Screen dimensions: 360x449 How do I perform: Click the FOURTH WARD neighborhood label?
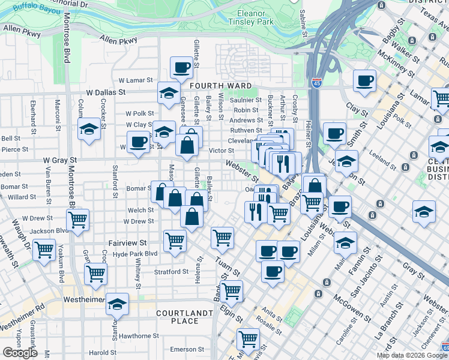tap(221, 86)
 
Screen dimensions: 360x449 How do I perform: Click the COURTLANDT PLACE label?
tap(184, 317)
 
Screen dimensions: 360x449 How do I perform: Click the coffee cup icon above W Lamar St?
tap(181, 68)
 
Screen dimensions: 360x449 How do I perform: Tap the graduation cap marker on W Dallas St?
tap(169, 93)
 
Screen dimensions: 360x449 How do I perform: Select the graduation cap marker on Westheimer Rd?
tap(117, 304)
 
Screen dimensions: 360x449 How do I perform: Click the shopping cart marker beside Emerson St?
tap(248, 339)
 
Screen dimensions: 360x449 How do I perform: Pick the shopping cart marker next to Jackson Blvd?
tap(77, 220)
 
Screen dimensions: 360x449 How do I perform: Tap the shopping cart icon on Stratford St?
tap(96, 274)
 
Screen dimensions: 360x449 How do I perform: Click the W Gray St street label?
tap(59, 161)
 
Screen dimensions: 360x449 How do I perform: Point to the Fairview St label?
tap(127, 243)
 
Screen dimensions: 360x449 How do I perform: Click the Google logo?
tap(20, 353)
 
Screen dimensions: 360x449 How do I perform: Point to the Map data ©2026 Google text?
tap(411, 355)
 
